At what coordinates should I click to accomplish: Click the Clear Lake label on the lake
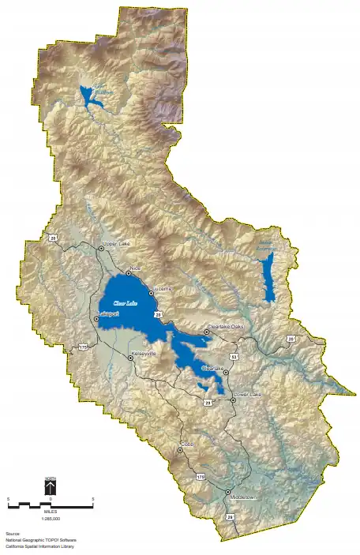(x=125, y=302)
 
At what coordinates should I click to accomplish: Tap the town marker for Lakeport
(x=96, y=319)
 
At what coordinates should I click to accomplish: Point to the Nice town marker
(x=129, y=273)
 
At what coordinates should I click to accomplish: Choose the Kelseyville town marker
(x=131, y=358)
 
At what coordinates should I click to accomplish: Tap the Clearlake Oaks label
(x=226, y=327)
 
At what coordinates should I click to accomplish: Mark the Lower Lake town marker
(x=234, y=400)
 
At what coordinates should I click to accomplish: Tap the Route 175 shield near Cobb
(x=201, y=477)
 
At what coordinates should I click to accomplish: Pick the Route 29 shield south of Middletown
(x=231, y=516)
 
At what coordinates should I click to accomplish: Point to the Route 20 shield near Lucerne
(x=159, y=315)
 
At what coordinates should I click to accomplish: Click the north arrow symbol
(x=50, y=488)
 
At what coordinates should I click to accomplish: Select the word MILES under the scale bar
(x=51, y=511)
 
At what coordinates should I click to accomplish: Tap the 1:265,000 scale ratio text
(x=51, y=519)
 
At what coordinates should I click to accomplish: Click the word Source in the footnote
(x=11, y=534)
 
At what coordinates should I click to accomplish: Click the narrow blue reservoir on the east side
(x=268, y=276)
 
